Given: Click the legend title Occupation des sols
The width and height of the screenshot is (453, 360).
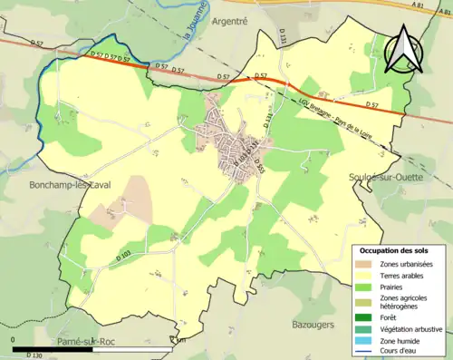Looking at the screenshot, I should [x=398, y=250].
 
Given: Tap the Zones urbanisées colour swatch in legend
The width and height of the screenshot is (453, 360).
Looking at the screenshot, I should [x=366, y=263].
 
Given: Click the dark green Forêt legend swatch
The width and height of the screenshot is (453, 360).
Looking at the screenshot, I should [x=366, y=317].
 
